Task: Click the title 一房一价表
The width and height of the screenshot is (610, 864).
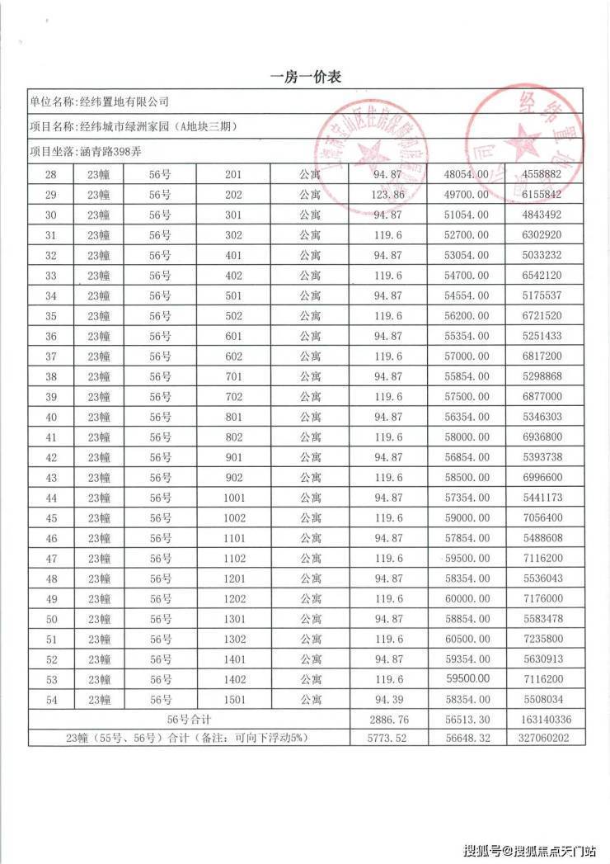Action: pyautogui.click(x=305, y=77)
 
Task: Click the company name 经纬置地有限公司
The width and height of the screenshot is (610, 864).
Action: pyautogui.click(x=123, y=102)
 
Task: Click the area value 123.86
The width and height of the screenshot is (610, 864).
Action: pyautogui.click(x=388, y=195)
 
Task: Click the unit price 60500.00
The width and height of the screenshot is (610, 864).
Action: pyautogui.click(x=467, y=639)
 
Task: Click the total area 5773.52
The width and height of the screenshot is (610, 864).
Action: pyautogui.click(x=388, y=739)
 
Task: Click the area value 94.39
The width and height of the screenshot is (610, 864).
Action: pyautogui.click(x=388, y=700)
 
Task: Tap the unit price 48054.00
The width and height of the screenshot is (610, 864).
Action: pyautogui.click(x=467, y=174)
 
